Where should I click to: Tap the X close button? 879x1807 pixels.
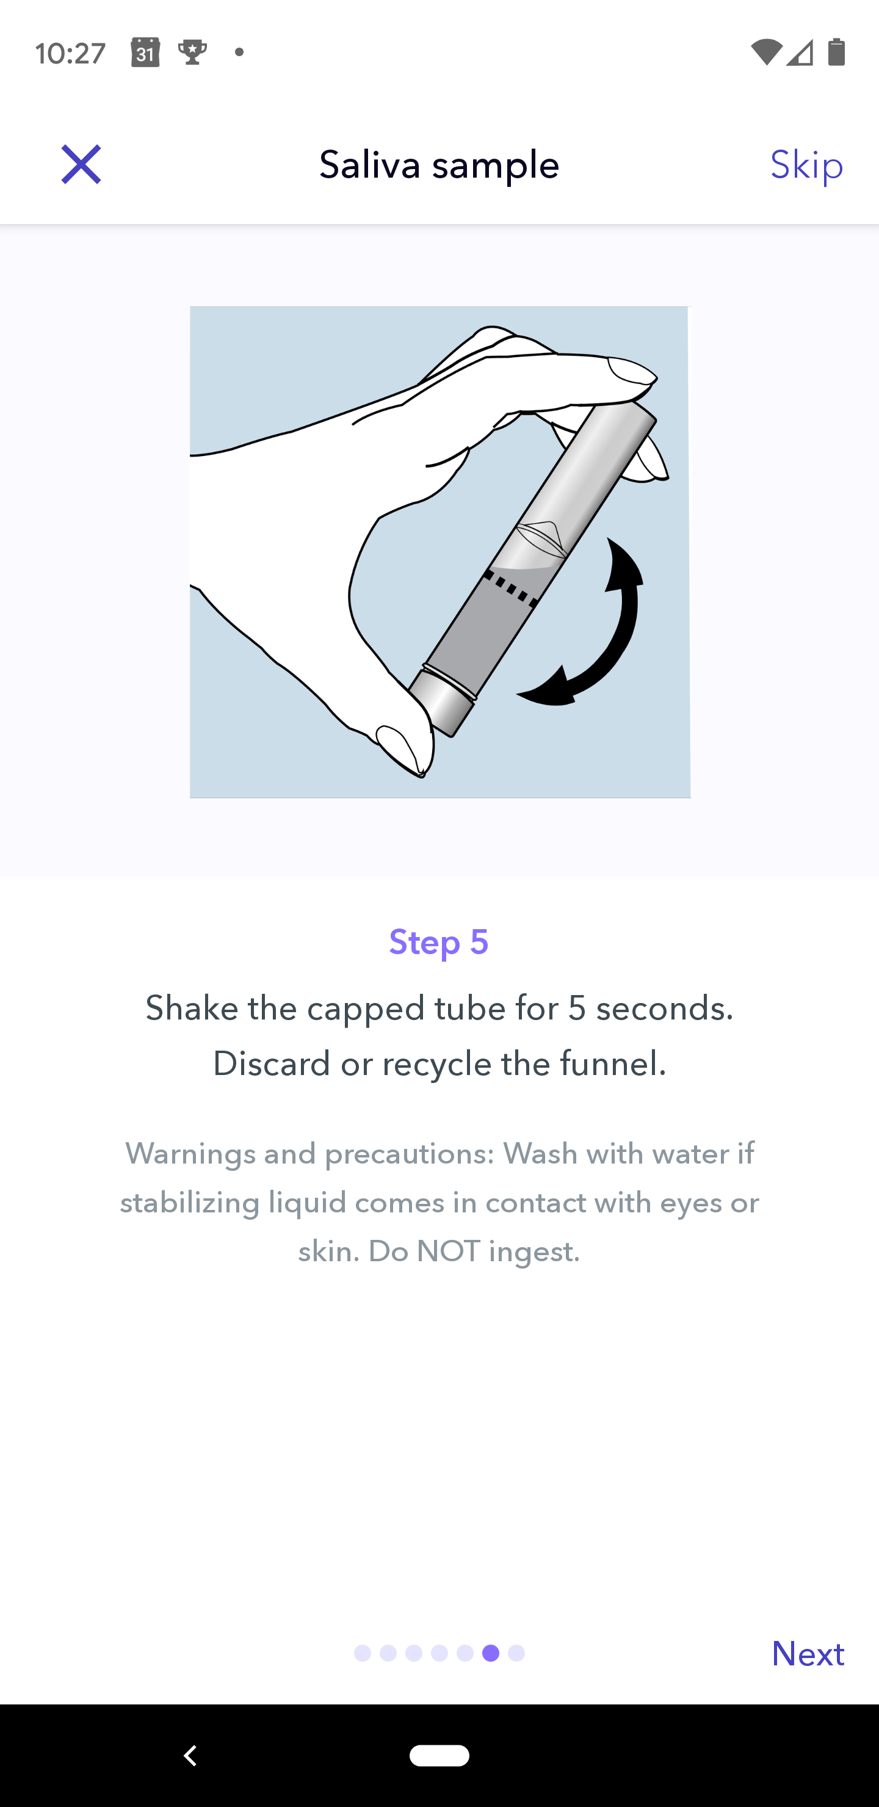tap(81, 165)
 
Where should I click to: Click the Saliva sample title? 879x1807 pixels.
tap(439, 165)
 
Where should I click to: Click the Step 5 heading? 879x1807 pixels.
tap(439, 941)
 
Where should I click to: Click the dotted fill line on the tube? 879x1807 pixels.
tap(512, 588)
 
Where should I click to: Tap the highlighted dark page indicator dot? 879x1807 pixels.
tap(491, 1653)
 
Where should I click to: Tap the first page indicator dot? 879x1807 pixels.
tap(363, 1653)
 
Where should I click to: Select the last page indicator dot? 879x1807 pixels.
tap(516, 1653)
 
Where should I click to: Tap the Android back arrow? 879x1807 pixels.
tap(190, 1755)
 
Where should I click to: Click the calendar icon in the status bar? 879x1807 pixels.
tap(145, 53)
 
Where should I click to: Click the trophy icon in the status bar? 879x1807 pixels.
tap(192, 52)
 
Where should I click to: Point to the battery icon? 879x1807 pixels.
tap(836, 52)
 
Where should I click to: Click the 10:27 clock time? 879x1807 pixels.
tap(70, 53)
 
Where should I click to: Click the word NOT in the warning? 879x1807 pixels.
tap(447, 1251)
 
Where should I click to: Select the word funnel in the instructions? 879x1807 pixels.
tap(613, 1063)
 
